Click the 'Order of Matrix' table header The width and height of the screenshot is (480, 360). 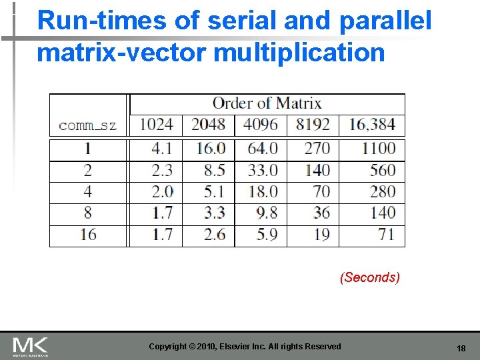[x=267, y=103]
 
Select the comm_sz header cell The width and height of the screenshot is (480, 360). [x=87, y=125]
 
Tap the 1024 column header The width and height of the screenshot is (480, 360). [x=156, y=125]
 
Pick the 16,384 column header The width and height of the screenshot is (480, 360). [x=372, y=125]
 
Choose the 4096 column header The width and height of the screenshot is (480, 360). [x=261, y=125]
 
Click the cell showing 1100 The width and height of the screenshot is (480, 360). [x=378, y=149]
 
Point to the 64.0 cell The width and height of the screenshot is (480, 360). [x=263, y=149]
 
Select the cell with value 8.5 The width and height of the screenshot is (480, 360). [x=214, y=170]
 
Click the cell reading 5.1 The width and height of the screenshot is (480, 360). [x=214, y=192]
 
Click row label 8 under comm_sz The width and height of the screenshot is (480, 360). [x=88, y=213]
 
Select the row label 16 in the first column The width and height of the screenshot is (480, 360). [x=88, y=235]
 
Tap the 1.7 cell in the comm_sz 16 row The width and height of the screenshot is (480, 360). [x=162, y=235]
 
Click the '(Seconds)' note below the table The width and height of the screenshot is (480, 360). [x=370, y=277]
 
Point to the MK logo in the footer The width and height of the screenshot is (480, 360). [x=30, y=346]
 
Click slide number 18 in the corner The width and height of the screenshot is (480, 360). [x=461, y=349]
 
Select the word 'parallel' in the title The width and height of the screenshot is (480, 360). [x=385, y=21]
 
